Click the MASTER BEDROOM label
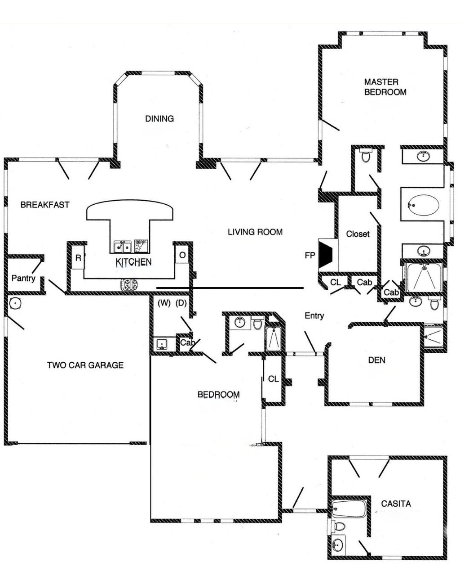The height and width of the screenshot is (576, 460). [x=385, y=87]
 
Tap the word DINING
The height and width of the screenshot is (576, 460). [x=159, y=119]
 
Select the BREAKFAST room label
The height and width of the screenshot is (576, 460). [x=45, y=205]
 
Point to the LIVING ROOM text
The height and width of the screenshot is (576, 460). [x=255, y=232]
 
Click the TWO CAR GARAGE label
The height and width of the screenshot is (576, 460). [x=85, y=365]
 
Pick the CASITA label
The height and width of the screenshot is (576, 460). [x=396, y=504]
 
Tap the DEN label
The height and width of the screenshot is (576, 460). [x=376, y=360]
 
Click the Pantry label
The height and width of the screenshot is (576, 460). [x=23, y=279]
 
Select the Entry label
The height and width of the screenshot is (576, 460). [x=314, y=316]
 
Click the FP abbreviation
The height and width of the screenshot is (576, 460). [x=310, y=256]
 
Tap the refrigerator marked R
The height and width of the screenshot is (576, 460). [x=78, y=258]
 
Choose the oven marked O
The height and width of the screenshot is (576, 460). [x=182, y=256]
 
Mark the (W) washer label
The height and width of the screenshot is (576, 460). [x=164, y=303]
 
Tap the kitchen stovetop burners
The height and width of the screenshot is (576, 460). [x=128, y=284]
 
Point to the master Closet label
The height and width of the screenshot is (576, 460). [x=358, y=234]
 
